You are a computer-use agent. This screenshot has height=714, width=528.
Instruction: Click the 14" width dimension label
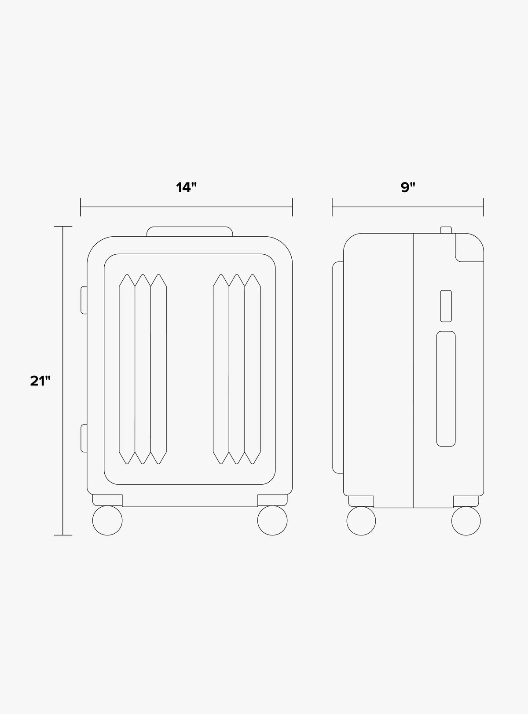(186, 188)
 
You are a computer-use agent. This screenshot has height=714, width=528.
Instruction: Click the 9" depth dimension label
(408, 188)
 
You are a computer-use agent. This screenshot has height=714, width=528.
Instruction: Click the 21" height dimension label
(40, 381)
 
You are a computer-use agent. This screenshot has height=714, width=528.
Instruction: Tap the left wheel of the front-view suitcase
(107, 520)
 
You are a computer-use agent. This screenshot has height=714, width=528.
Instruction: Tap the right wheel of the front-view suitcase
(272, 520)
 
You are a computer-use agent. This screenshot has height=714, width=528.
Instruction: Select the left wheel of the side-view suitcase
(361, 521)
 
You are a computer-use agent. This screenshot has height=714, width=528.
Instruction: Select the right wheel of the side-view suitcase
(466, 521)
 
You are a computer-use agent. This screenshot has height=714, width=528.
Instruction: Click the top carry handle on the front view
(190, 231)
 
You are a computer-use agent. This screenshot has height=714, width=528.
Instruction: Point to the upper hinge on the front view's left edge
(84, 300)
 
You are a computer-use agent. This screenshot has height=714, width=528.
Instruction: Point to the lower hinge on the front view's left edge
(84, 438)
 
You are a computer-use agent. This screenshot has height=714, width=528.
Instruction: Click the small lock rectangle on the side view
(446, 306)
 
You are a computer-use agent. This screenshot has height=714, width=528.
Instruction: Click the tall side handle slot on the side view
(446, 389)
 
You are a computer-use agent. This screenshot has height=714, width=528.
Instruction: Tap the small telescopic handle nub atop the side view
(446, 230)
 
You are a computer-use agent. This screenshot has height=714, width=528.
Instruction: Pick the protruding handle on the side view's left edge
(338, 367)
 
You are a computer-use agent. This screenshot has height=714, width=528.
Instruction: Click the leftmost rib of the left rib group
(127, 370)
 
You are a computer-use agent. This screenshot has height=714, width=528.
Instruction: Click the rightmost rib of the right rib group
(253, 370)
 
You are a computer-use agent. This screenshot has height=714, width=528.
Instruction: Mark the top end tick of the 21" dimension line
(63, 227)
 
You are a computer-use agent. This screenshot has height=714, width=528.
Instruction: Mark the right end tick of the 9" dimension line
(484, 207)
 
